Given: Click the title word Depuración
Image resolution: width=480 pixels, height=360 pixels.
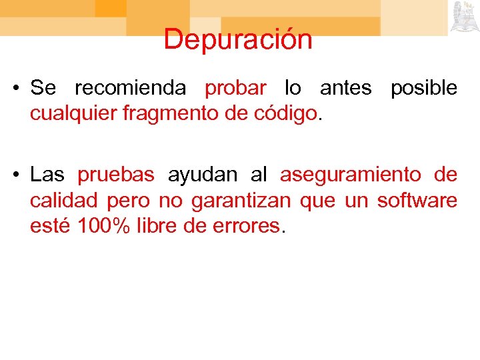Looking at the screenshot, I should [238, 40].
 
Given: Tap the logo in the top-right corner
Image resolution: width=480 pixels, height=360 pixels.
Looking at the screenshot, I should [465, 17].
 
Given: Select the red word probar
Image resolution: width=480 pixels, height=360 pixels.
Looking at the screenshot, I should [235, 89].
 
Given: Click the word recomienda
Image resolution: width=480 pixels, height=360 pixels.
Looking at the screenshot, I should [130, 88].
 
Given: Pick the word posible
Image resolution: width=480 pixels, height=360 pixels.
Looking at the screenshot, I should [424, 89].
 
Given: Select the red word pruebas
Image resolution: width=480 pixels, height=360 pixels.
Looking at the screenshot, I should [116, 175].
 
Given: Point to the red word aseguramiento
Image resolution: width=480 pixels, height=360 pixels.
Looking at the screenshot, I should [351, 175].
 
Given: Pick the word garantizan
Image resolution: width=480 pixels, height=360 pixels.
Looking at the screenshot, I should [241, 201].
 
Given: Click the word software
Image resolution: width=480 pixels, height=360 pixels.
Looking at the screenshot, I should [417, 200].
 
